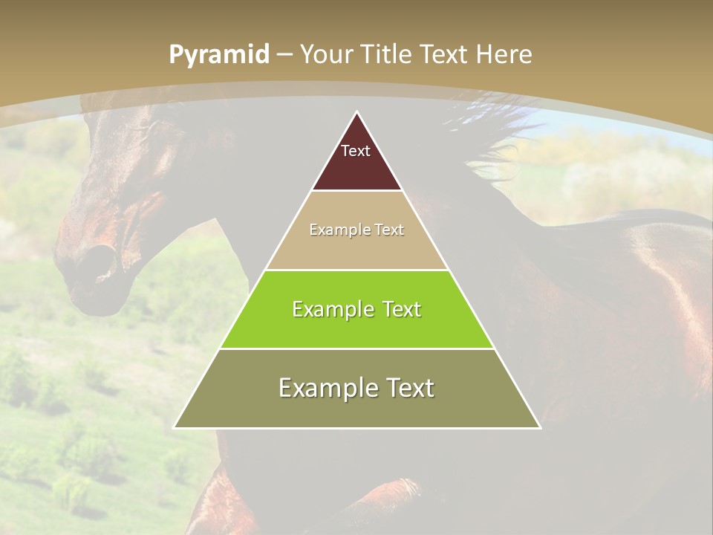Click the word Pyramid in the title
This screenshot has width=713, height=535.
pyautogui.click(x=219, y=55)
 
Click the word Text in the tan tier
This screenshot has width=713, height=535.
pyautogui.click(x=389, y=230)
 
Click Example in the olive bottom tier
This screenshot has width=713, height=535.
pyautogui.click(x=325, y=388)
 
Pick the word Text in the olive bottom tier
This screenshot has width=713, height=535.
pyautogui.click(x=410, y=388)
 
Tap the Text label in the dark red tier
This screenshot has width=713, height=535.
pyautogui.click(x=356, y=151)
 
